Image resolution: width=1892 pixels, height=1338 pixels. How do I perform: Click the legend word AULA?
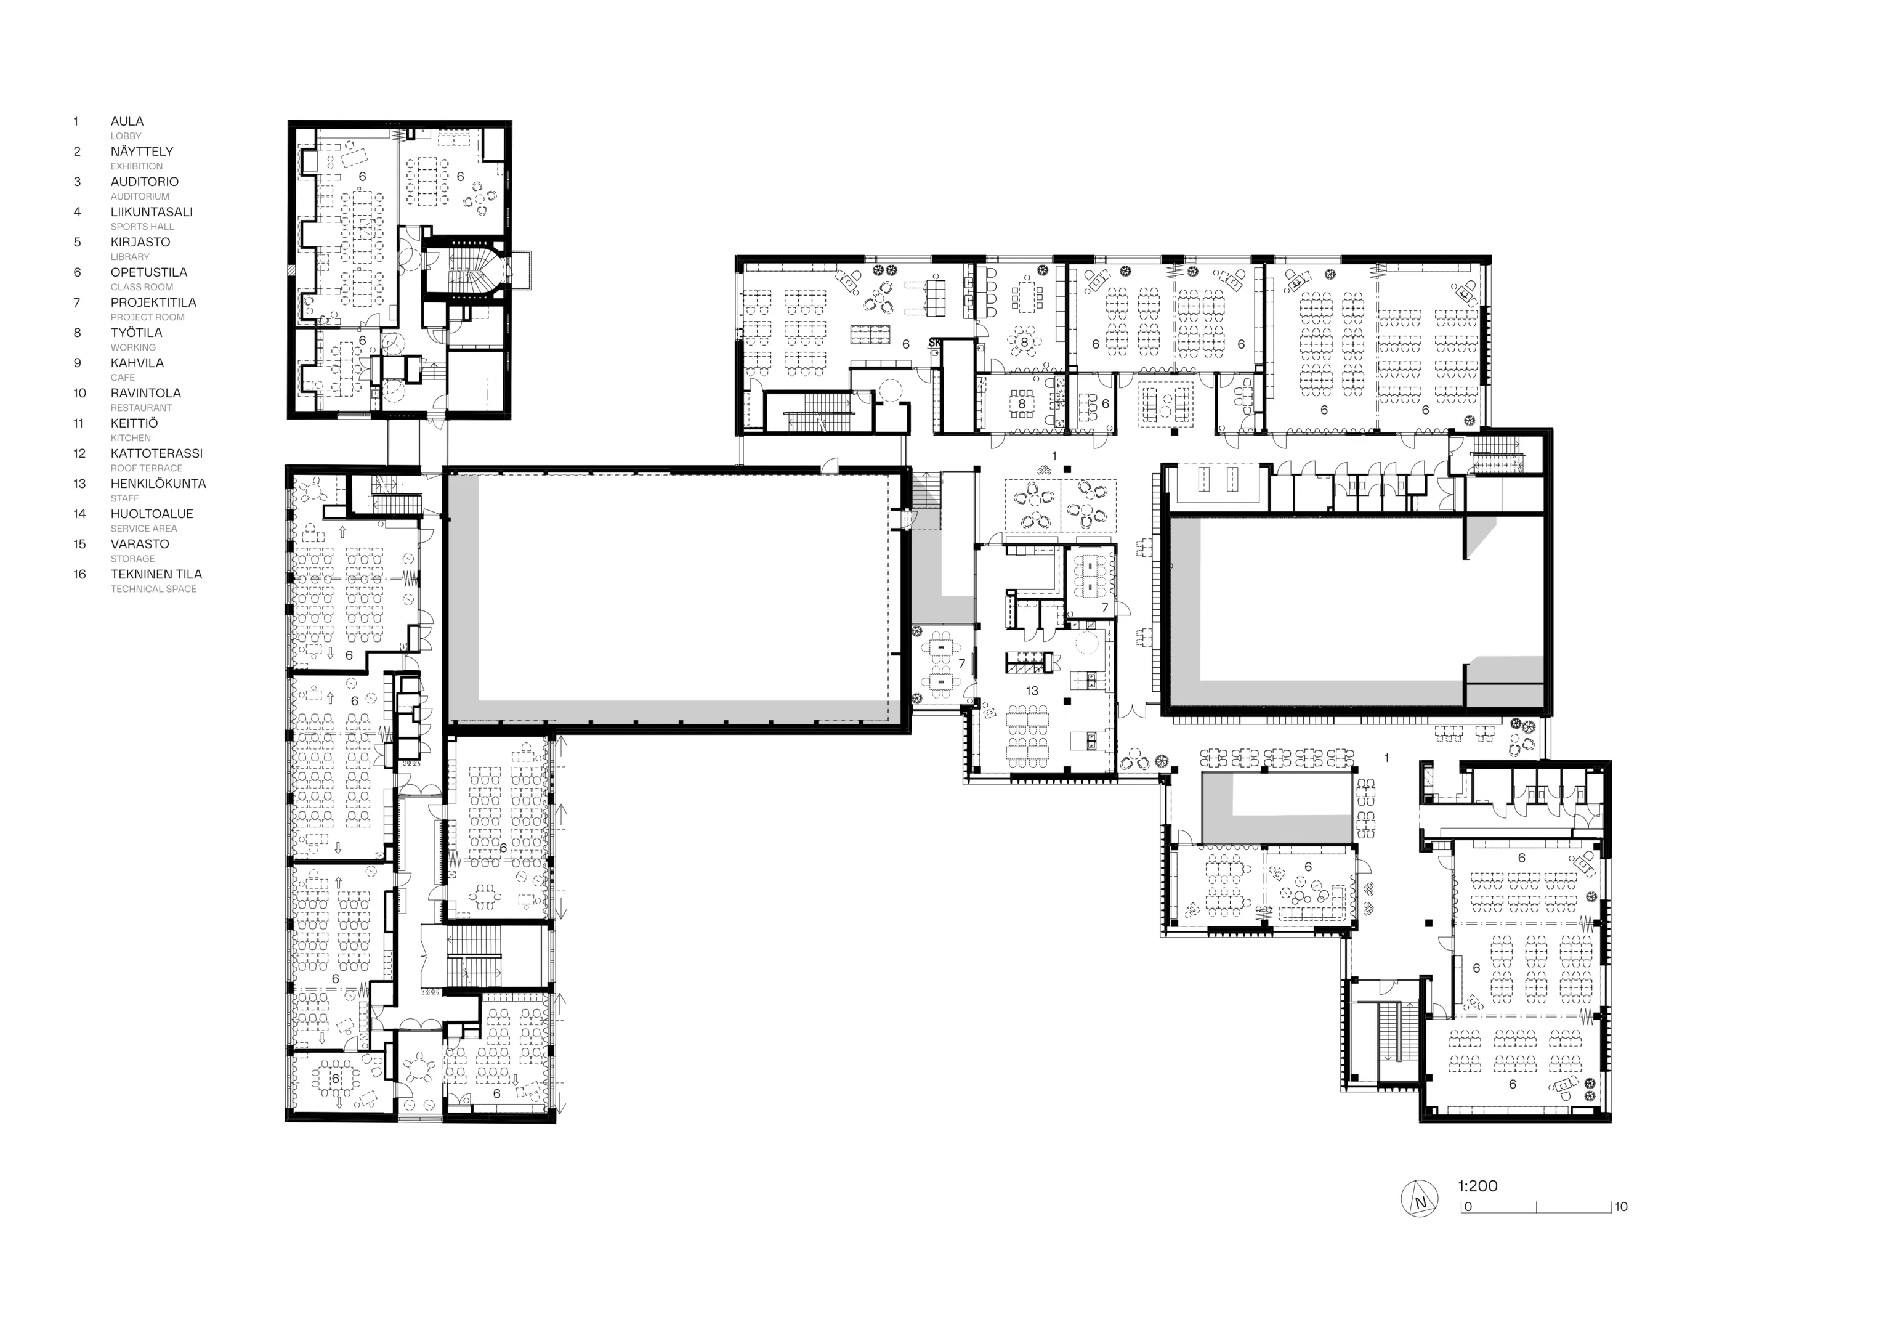tap(127, 121)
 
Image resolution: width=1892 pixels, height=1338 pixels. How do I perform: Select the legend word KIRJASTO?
tap(140, 242)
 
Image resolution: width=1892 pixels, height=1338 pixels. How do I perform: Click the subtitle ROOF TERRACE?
tap(147, 468)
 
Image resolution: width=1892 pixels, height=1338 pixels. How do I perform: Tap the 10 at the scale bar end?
tap(1621, 1207)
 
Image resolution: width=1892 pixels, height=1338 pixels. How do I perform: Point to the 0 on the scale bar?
tap(1468, 1207)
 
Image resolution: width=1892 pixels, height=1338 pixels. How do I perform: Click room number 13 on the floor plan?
tap(1032, 691)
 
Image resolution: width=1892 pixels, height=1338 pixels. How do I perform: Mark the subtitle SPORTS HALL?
tap(142, 227)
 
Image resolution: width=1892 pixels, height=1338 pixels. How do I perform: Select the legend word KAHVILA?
tap(137, 363)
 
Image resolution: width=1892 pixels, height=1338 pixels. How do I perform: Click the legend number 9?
tap(78, 363)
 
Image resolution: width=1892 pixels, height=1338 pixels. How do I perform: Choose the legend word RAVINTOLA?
tap(146, 393)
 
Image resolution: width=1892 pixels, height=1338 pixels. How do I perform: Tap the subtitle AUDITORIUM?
tap(140, 197)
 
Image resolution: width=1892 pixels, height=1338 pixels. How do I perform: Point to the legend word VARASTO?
tap(140, 544)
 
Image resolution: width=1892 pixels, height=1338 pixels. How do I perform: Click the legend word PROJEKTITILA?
tap(153, 302)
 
